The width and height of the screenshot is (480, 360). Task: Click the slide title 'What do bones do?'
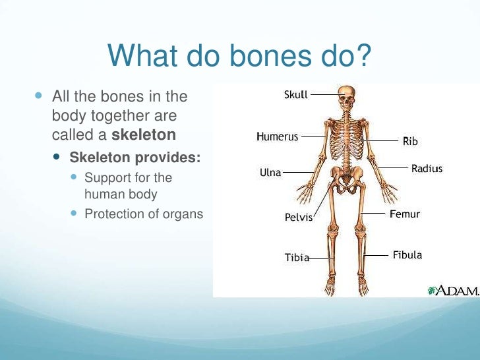[x=240, y=56]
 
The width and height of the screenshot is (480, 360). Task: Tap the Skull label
[x=295, y=95]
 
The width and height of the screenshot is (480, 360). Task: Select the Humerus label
[x=277, y=137]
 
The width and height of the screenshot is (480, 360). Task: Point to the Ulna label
[x=270, y=173]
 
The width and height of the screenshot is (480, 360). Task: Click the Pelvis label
[x=298, y=216]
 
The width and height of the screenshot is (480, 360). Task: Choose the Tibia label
[x=297, y=257]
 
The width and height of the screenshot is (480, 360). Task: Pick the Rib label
[x=410, y=141]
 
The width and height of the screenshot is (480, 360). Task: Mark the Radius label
[x=427, y=169]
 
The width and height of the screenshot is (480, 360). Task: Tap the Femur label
[x=405, y=214]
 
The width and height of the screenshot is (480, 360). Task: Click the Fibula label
[x=407, y=255]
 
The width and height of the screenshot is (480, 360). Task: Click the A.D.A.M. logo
[x=453, y=290]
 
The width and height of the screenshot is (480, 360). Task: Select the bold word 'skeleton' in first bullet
[x=144, y=135]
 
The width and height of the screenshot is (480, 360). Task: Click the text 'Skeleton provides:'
[x=135, y=158]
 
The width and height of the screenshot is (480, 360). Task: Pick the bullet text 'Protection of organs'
[x=144, y=214]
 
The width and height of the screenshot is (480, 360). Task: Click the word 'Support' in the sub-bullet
[x=107, y=177]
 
